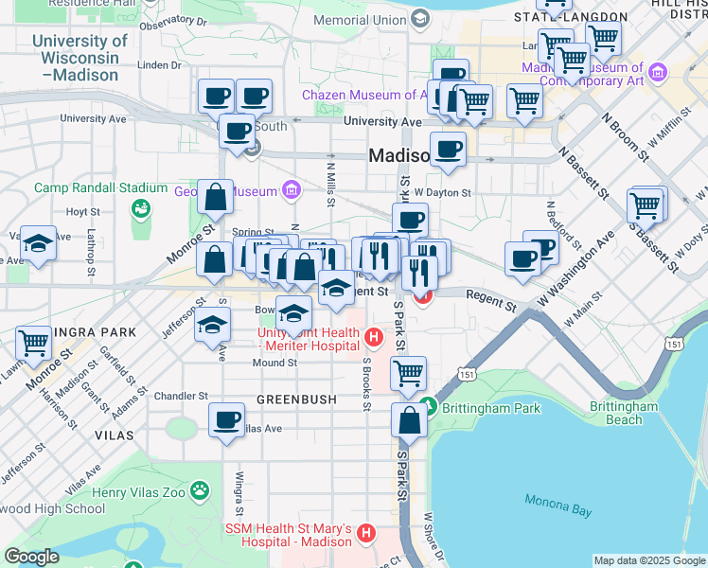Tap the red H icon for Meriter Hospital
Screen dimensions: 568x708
374,336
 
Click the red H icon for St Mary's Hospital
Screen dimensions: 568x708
367,536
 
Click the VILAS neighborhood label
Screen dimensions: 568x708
115,433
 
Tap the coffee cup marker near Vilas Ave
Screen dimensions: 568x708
226,419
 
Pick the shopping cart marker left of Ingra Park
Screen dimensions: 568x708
34,342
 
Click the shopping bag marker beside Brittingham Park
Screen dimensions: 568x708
410,421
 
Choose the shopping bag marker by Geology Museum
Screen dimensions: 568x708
217,197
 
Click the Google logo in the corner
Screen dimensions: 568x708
31,557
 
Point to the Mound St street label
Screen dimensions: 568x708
274,363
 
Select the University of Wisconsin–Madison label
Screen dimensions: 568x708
80,57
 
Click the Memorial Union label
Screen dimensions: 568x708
359,19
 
